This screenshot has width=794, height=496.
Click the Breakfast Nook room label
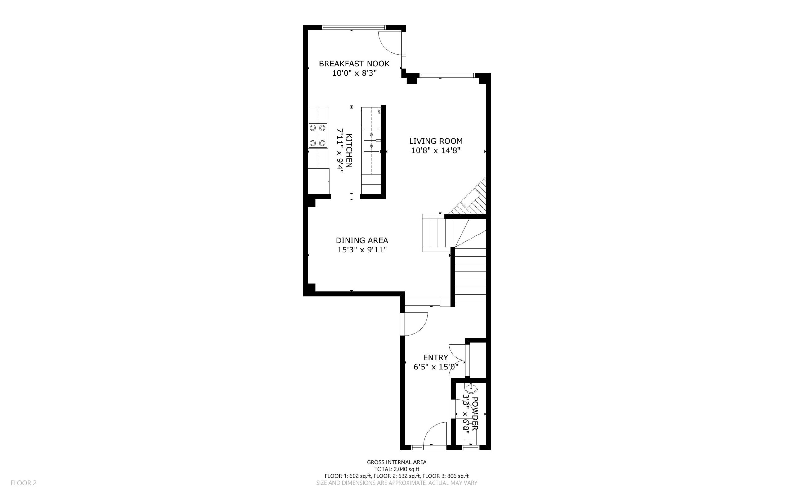coord(354,64)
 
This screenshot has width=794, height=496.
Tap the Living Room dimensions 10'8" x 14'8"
coord(435,150)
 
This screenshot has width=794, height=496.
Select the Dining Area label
coord(362,240)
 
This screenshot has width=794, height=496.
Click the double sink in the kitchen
coord(372,140)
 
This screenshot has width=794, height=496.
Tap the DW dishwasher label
coord(379,111)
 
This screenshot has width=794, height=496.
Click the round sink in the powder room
coord(471,388)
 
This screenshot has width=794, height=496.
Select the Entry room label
coord(435,358)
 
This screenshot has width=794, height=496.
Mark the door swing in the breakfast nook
coord(390,44)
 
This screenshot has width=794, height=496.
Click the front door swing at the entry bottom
coord(435,434)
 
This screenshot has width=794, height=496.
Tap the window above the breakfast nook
coord(354,28)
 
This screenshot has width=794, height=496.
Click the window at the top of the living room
coord(447,75)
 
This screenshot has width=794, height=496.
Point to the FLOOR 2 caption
coord(24,483)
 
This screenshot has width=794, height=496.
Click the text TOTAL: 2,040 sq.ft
coord(396,469)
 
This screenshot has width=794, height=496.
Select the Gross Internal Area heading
coord(396,462)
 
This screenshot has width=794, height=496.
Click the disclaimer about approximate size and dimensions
coord(396,483)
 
